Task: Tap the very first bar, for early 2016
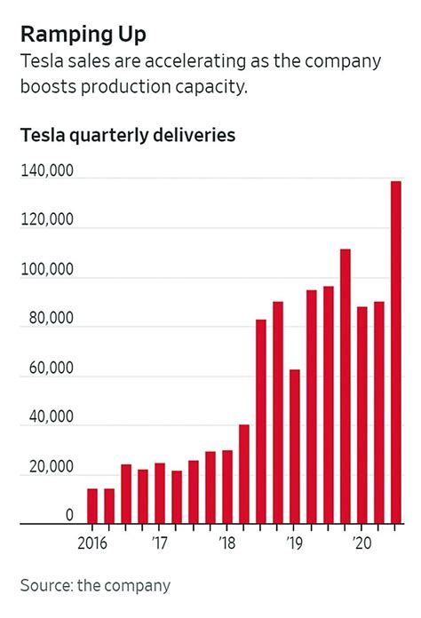click(x=92, y=506)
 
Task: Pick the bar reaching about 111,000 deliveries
click(x=346, y=387)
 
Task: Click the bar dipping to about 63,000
click(x=295, y=447)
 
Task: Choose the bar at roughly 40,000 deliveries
click(x=244, y=474)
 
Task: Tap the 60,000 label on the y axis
click(x=52, y=368)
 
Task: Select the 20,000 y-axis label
click(x=52, y=467)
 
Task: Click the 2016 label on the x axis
click(x=91, y=541)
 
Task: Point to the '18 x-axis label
click(x=226, y=541)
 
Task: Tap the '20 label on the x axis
click(x=361, y=541)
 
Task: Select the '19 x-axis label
click(x=294, y=541)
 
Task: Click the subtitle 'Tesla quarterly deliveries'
click(x=127, y=136)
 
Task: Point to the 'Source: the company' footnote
click(x=95, y=585)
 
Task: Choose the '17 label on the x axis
click(x=159, y=541)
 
